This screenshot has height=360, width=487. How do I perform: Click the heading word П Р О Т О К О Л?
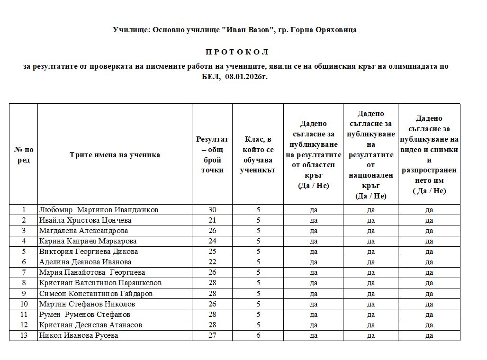237,52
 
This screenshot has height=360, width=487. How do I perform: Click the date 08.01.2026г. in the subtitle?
246,76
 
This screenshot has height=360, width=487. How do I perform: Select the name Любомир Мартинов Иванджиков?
99,210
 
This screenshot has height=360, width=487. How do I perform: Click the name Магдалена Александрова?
83,231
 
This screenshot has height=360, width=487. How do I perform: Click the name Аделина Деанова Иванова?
85,262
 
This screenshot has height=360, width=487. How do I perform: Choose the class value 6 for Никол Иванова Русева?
258,335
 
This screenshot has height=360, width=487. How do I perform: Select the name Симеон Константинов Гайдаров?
96,294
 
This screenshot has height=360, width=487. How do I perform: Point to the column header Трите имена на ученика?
115,155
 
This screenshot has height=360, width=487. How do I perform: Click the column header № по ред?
24,155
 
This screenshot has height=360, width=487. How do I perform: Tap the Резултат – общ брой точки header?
212,154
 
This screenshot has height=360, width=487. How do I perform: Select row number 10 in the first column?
24,304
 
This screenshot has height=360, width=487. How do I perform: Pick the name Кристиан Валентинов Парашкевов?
100,283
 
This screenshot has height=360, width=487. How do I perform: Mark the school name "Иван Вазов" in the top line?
248,30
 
